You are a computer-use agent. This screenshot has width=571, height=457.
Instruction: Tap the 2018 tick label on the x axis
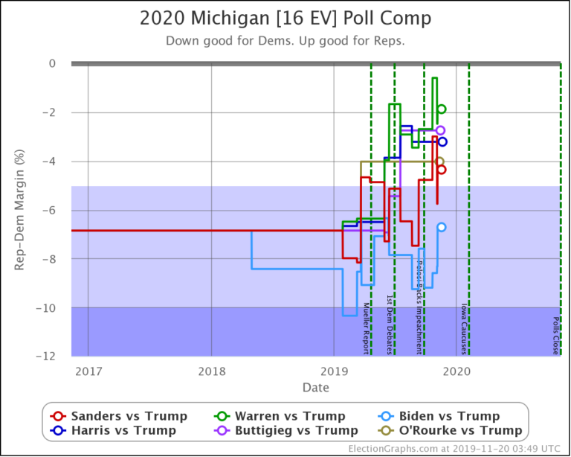click(x=211, y=371)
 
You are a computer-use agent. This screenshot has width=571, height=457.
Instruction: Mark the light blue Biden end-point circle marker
click(x=441, y=227)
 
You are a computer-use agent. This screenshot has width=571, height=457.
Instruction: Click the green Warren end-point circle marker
click(x=441, y=109)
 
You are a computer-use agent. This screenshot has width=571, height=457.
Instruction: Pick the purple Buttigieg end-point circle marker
click(x=440, y=130)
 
